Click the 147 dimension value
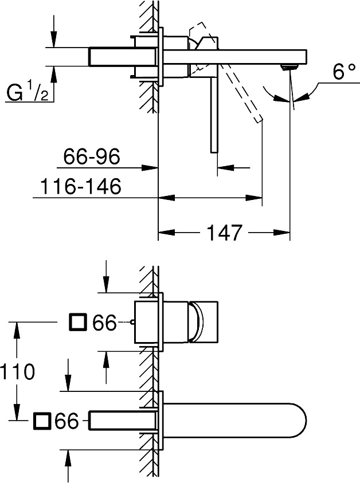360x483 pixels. pyautogui.click(x=224, y=233)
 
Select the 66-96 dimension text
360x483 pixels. pyautogui.click(x=92, y=156)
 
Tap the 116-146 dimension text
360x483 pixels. pyautogui.click(x=81, y=186)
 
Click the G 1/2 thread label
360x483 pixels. pyautogui.click(x=28, y=92)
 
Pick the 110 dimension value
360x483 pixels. pyautogui.click(x=17, y=371)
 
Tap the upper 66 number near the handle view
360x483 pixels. pyautogui.click(x=104, y=323)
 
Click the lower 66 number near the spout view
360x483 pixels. pyautogui.click(x=66, y=421)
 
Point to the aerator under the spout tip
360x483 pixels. pyautogui.click(x=289, y=67)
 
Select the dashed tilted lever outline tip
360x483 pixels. pyautogui.click(x=259, y=119)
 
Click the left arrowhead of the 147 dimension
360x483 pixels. pyautogui.click(x=166, y=233)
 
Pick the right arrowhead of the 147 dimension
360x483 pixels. pyautogui.click(x=281, y=233)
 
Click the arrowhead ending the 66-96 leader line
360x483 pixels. pyautogui.click(x=150, y=167)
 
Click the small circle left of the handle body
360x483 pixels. pyautogui.click(x=132, y=322)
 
